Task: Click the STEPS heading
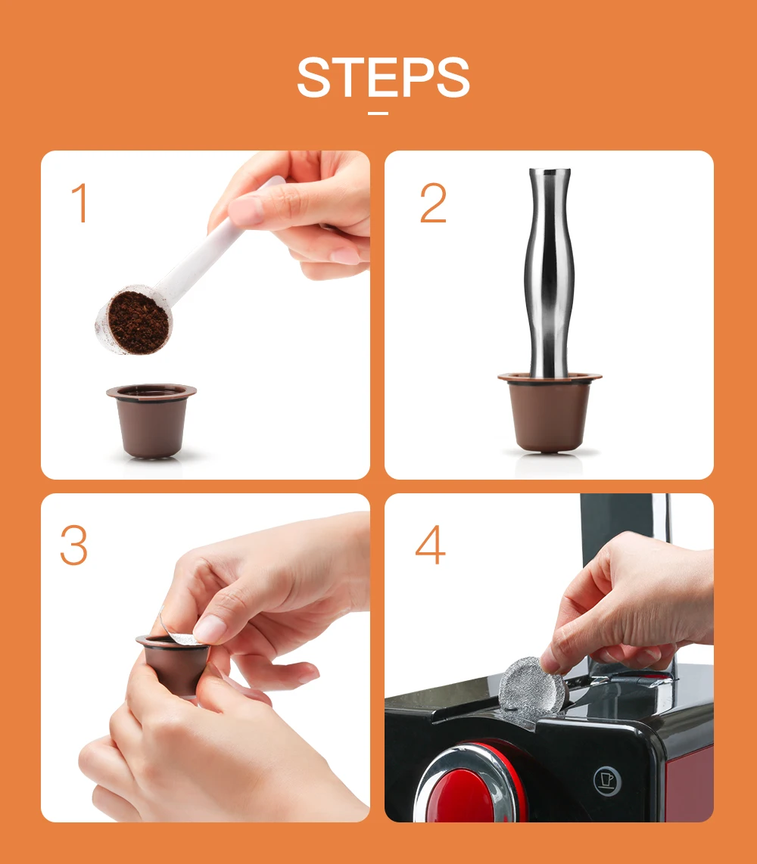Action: (383, 77)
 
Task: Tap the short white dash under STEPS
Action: (378, 113)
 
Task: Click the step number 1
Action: (80, 203)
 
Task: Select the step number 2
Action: (433, 203)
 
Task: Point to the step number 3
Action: (74, 545)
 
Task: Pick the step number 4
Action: (430, 545)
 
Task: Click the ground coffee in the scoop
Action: (139, 322)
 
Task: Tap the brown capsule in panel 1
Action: (151, 420)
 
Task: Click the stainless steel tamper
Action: (550, 273)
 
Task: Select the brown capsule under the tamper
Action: (550, 413)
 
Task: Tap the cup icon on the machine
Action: (607, 781)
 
